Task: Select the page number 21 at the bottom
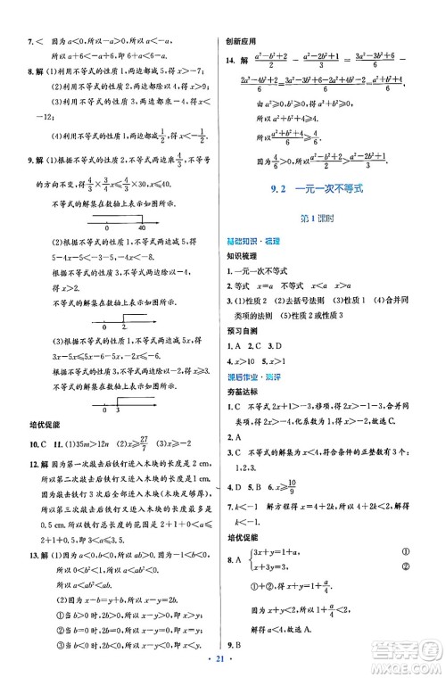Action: coord(224,666)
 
